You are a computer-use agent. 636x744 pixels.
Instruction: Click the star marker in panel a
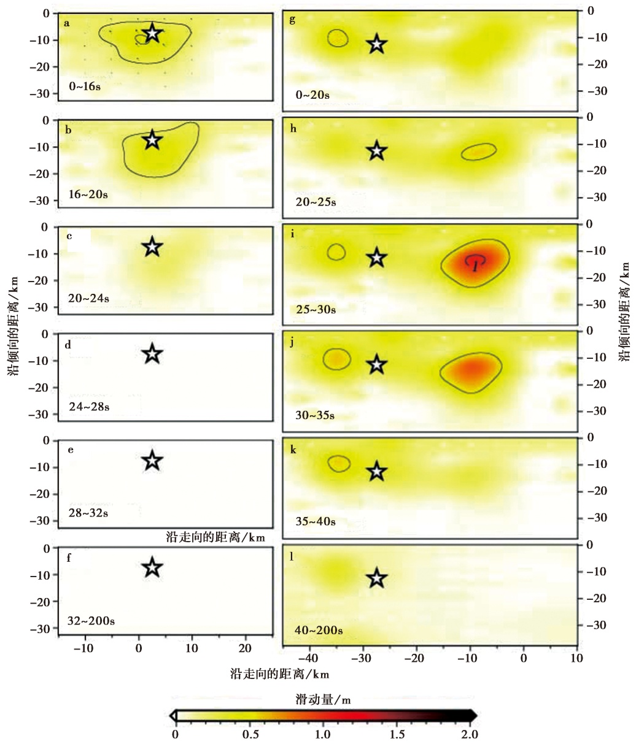pyautogui.click(x=152, y=34)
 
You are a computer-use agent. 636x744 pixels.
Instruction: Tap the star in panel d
pyautogui.click(x=152, y=354)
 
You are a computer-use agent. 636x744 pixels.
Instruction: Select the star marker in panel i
pyautogui.click(x=377, y=258)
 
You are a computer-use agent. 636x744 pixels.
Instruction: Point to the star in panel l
pyautogui.click(x=377, y=578)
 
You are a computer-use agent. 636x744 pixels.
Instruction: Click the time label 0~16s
pyautogui.click(x=85, y=86)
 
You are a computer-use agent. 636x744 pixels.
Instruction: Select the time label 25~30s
pyautogui.click(x=316, y=309)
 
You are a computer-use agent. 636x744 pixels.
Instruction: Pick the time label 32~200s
pyautogui.click(x=91, y=621)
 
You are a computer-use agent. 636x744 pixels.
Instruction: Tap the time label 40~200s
pyautogui.click(x=318, y=630)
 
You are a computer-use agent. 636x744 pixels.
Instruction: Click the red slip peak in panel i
pyautogui.click(x=476, y=263)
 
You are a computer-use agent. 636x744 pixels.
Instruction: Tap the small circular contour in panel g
pyautogui.click(x=338, y=38)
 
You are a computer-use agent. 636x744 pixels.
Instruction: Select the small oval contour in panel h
pyautogui.click(x=479, y=151)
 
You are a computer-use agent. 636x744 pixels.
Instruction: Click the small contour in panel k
pyautogui.click(x=339, y=464)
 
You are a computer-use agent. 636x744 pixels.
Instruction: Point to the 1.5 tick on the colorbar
pyautogui.click(x=397, y=734)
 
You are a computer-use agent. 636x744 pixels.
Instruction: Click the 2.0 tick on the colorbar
pyautogui.click(x=470, y=734)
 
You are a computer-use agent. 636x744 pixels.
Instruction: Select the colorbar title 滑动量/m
pyautogui.click(x=323, y=699)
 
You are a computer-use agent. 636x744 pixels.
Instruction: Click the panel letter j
pyautogui.click(x=292, y=342)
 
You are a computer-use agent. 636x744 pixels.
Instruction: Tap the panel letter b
pyautogui.click(x=68, y=130)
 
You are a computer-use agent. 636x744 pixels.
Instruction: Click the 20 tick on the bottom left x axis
pyautogui.click(x=245, y=648)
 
